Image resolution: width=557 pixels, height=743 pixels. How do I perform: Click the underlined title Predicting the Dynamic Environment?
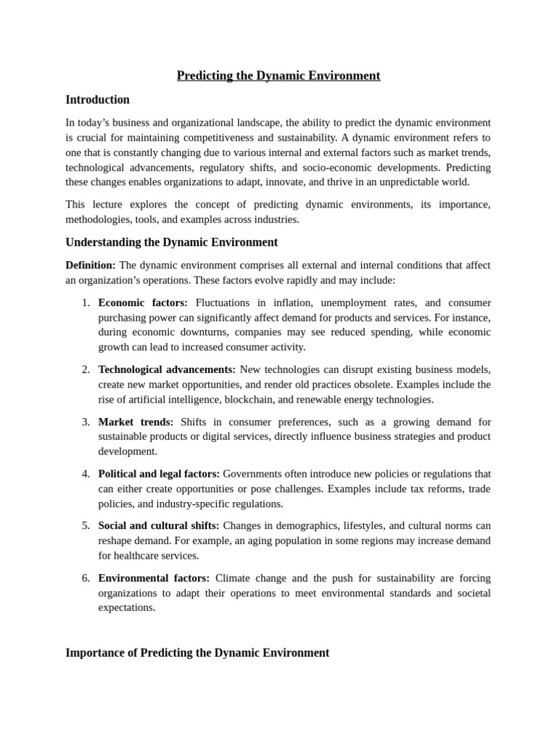(278, 75)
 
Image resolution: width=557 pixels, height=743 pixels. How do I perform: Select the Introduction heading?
(97, 99)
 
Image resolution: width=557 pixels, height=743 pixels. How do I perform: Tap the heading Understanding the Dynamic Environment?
(171, 242)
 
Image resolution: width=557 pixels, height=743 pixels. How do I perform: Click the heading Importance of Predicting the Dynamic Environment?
(197, 652)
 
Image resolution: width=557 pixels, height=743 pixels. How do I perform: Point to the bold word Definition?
(90, 265)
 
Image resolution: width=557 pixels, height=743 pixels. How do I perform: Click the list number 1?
(86, 303)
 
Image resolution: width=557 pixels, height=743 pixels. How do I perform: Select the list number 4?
(86, 474)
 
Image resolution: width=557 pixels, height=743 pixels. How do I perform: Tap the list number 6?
(86, 578)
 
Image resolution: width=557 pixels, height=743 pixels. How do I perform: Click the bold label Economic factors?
(143, 303)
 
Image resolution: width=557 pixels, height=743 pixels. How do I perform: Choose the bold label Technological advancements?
(167, 369)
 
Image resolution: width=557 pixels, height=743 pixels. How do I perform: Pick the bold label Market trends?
(136, 422)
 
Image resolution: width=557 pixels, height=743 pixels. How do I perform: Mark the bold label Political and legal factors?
(159, 474)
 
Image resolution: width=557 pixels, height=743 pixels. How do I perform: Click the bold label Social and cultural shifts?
(158, 525)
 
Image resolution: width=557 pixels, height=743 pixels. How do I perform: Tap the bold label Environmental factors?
(154, 578)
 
